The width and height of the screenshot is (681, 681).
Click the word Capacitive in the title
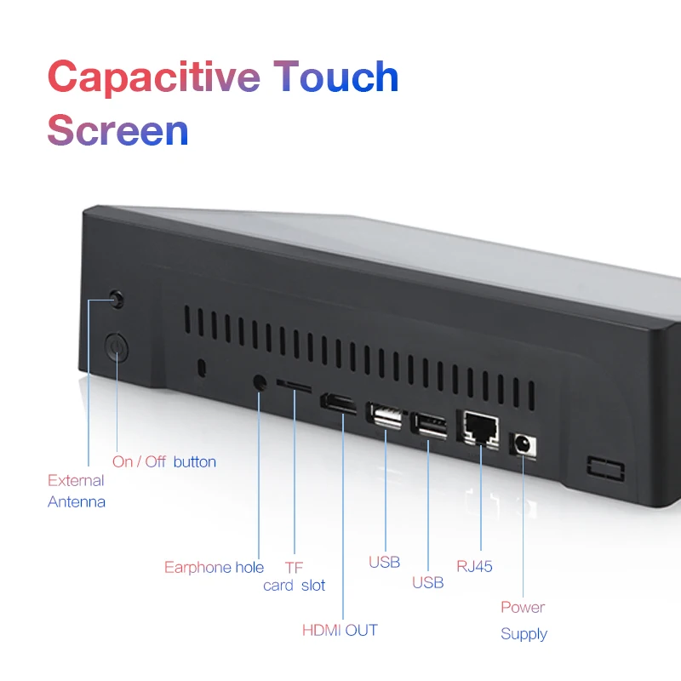tap(154, 77)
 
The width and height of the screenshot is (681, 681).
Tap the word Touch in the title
tap(335, 77)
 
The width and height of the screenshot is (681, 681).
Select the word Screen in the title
tap(117, 130)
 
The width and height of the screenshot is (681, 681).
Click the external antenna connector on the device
tap(117, 300)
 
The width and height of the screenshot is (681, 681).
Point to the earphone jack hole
tap(260, 383)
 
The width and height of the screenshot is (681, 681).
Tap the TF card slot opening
tap(295, 386)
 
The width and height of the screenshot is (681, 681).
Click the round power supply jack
tap(524, 444)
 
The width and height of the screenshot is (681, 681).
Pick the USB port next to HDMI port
tap(385, 415)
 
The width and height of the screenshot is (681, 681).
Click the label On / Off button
tap(163, 461)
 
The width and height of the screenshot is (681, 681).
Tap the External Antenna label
tap(77, 491)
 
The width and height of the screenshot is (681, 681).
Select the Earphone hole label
tap(214, 567)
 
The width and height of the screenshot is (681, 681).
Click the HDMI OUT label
tap(340, 630)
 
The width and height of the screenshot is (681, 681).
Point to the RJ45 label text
tap(474, 566)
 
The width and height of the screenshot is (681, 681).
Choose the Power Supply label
tap(524, 621)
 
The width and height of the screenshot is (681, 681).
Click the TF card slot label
tap(294, 576)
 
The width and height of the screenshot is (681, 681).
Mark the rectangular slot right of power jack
tap(606, 469)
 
